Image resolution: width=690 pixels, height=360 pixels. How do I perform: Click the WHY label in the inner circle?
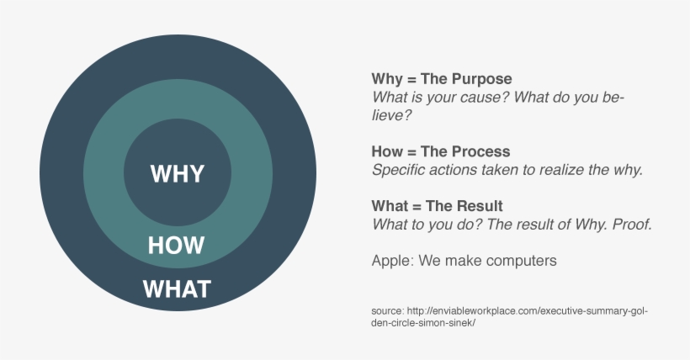click(x=178, y=174)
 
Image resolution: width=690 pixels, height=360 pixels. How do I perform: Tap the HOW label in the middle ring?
click(x=176, y=246)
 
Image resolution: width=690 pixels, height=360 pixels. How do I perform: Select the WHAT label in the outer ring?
click(x=177, y=289)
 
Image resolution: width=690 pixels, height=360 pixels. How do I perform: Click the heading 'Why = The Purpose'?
click(x=441, y=79)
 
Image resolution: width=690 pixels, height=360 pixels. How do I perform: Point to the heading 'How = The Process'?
click(x=440, y=151)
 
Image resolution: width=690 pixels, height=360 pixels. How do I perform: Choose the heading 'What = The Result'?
click(x=437, y=206)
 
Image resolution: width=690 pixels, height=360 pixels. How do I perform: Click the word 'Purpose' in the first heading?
click(x=481, y=79)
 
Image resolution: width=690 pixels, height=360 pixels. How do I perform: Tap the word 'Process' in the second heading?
click(x=480, y=151)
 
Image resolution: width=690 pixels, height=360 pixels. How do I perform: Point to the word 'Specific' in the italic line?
click(x=399, y=170)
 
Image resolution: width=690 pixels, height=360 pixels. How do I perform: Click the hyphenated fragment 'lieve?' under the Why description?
click(x=391, y=116)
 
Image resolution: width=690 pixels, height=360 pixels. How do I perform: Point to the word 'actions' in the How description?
click(x=455, y=170)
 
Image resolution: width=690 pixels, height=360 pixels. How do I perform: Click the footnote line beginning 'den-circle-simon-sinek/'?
click(x=423, y=324)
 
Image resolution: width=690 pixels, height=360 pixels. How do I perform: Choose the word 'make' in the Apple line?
click(x=464, y=261)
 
